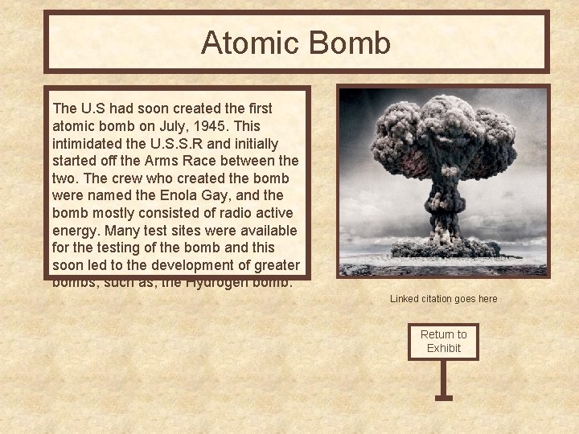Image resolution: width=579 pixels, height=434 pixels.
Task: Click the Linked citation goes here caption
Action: pyautogui.click(x=444, y=299)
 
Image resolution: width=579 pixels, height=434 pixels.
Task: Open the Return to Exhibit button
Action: pyautogui.click(x=443, y=341)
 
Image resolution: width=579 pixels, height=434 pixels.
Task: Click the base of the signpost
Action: pyautogui.click(x=443, y=397)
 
